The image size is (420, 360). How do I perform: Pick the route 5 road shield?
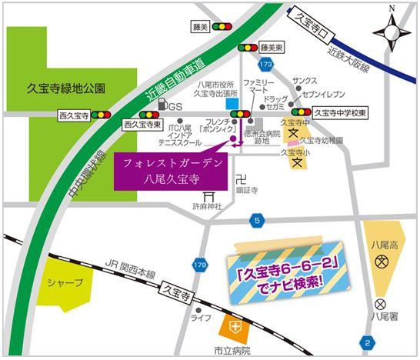[256, 221]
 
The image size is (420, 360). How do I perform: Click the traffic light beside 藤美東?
[248, 47]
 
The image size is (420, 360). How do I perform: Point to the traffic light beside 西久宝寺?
[102, 114]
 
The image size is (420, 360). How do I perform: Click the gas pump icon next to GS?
[162, 104]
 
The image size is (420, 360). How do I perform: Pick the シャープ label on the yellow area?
[65, 282]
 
